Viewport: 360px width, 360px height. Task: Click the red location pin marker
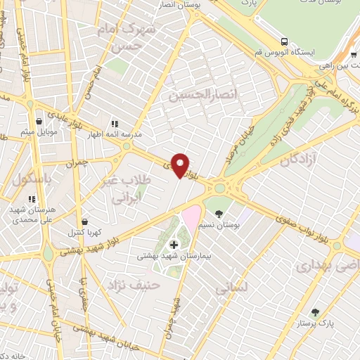(181, 165)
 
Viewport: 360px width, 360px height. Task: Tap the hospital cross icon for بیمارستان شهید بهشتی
(174, 245)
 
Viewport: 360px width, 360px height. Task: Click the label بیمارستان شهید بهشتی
(175, 257)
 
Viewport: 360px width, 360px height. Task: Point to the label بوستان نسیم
(226, 225)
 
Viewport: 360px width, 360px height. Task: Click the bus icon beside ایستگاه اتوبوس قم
(284, 41)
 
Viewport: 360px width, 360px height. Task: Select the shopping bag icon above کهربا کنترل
(84, 222)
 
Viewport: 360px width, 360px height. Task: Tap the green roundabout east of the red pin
(219, 187)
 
